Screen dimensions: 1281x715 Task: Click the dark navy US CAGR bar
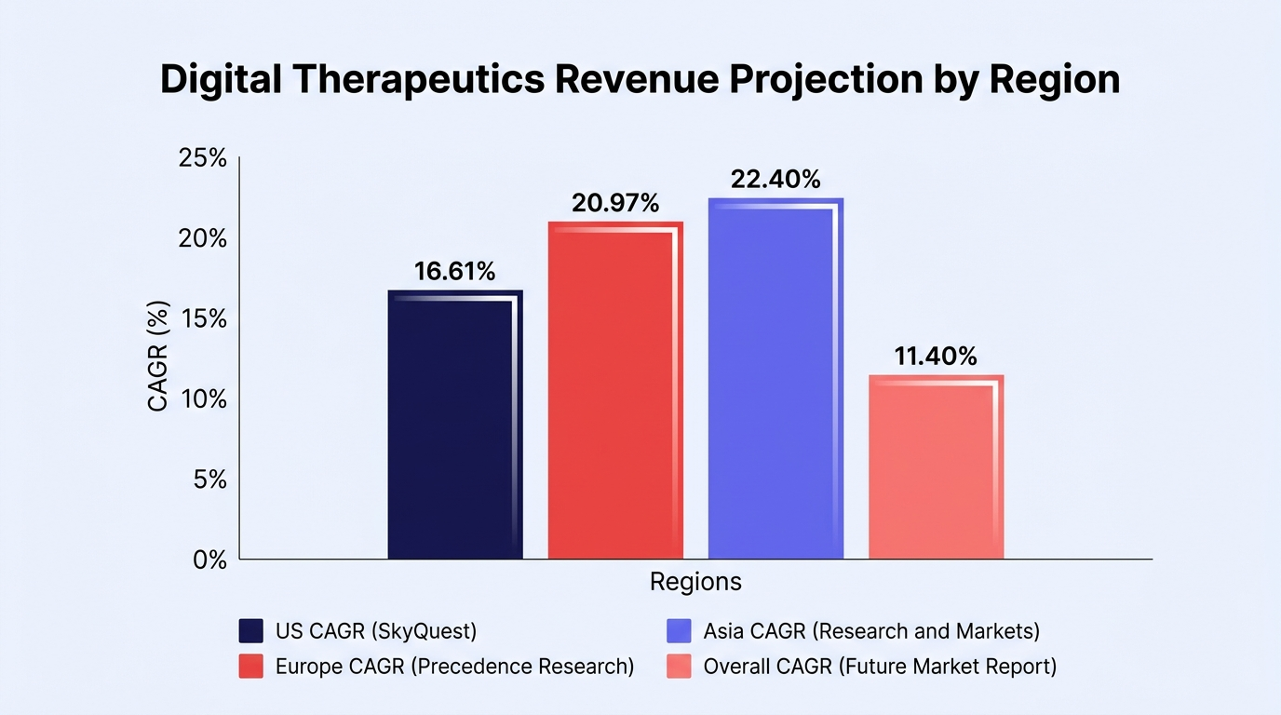pos(455,425)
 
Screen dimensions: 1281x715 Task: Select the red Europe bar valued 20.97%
pos(615,390)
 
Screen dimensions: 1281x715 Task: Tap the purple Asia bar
pos(776,378)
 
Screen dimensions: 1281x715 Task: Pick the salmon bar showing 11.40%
pos(937,466)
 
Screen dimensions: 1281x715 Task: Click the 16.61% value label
pos(454,271)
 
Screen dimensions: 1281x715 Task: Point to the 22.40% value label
pos(775,180)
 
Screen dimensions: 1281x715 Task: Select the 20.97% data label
pos(615,203)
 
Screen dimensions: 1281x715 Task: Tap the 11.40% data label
pos(936,357)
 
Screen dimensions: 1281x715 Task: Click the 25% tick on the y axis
pos(202,158)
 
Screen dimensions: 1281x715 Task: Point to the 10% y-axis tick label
pos(204,399)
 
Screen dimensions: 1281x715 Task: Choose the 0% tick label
pos(209,560)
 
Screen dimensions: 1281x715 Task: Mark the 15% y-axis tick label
pos(204,318)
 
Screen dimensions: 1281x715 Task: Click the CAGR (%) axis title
pos(158,356)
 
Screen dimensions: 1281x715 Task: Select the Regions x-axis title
pos(695,582)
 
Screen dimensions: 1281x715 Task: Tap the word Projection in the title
pos(827,80)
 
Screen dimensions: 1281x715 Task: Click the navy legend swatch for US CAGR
pos(251,631)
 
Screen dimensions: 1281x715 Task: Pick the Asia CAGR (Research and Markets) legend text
pos(871,631)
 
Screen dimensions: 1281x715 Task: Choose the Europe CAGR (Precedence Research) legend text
pos(454,667)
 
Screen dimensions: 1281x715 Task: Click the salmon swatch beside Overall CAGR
pos(679,667)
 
